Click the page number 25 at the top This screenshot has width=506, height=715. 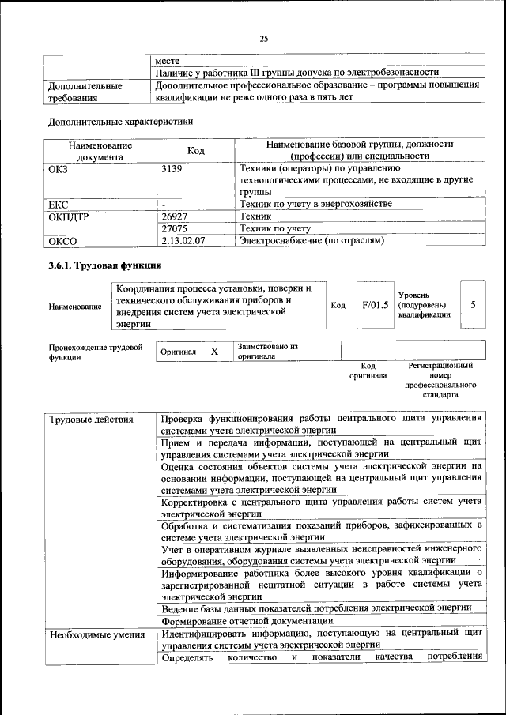click(x=263, y=39)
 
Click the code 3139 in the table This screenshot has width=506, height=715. click(x=172, y=168)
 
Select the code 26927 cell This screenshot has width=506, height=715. click(x=178, y=216)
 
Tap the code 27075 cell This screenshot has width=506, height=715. click(x=178, y=228)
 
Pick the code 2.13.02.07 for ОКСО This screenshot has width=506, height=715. click(x=183, y=240)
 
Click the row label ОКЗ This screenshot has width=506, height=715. click(x=60, y=168)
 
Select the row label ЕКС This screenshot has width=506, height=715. click(x=59, y=205)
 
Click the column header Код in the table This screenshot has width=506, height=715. click(x=196, y=151)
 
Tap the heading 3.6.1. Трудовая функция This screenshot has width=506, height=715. click(x=105, y=265)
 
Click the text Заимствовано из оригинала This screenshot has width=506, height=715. click(x=267, y=351)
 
